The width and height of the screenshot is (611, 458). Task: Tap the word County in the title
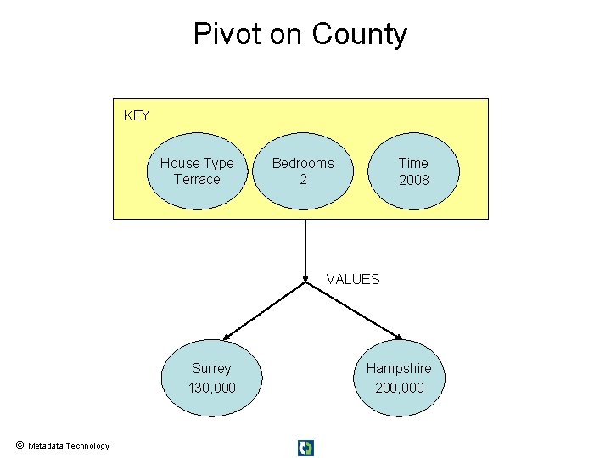(x=360, y=35)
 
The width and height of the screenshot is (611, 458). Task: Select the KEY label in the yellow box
(x=137, y=115)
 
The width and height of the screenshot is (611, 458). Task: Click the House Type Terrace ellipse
(x=197, y=170)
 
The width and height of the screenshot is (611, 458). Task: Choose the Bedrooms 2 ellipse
(x=303, y=170)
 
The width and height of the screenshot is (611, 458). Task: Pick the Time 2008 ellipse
(x=413, y=170)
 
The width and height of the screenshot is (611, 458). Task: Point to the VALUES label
(x=353, y=279)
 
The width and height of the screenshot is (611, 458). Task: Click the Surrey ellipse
(x=211, y=378)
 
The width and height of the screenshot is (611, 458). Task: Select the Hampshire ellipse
(x=399, y=378)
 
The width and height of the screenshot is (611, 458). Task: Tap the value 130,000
(x=211, y=388)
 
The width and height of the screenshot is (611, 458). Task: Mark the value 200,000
(x=399, y=388)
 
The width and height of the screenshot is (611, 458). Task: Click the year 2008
(x=414, y=180)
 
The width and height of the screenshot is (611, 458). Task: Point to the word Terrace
(x=197, y=180)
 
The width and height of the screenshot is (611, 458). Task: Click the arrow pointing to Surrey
(x=263, y=310)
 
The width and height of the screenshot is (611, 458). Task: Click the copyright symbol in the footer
(x=19, y=445)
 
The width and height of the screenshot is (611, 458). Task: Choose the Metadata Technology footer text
(x=69, y=446)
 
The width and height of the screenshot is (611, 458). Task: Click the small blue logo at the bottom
(x=305, y=448)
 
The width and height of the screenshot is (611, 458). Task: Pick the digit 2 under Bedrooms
(x=303, y=180)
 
